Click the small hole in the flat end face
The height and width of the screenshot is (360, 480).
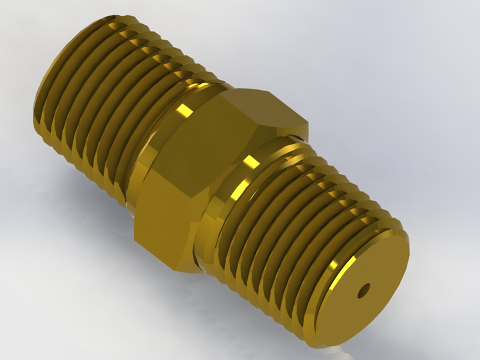[361, 292]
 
